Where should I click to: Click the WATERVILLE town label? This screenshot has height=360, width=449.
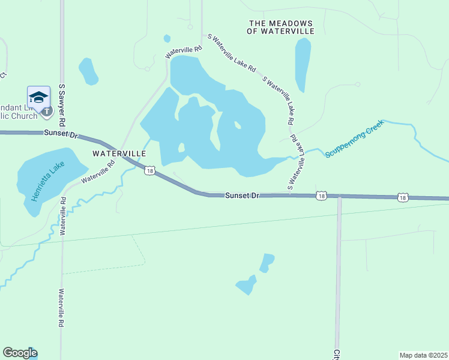[x=119, y=154]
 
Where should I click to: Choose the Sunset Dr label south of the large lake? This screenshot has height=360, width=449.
[x=241, y=196]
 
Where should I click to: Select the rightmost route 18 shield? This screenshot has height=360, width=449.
[x=403, y=197]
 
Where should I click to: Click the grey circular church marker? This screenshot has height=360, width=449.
[x=46, y=110]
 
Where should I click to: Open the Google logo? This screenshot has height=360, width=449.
[x=20, y=353]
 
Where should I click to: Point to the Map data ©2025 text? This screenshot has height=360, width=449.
[x=424, y=355]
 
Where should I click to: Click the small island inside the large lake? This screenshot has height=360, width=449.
[x=238, y=125]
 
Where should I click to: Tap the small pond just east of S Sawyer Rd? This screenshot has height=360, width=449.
[x=89, y=71]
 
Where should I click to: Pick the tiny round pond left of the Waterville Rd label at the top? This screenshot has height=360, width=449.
[x=167, y=39]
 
